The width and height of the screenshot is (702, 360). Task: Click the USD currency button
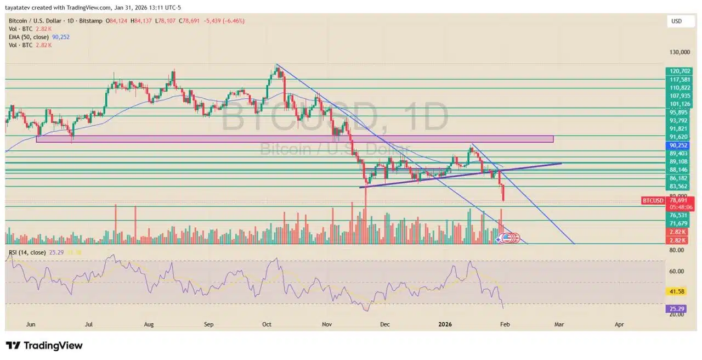pos(676,21)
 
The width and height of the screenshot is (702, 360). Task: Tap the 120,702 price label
pos(679,71)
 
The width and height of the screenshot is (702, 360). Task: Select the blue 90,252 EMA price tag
pos(679,145)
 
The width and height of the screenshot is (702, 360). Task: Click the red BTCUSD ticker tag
pos(653,201)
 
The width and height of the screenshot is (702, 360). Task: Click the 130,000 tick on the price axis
pos(679,53)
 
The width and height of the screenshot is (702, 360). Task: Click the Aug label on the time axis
pos(148,324)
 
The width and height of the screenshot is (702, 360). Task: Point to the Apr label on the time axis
pos(619,324)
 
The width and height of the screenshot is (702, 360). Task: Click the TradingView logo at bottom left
pos(44,346)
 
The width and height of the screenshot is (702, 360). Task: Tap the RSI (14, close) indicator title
pos(27,252)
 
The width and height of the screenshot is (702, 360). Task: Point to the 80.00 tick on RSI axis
pos(677,250)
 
